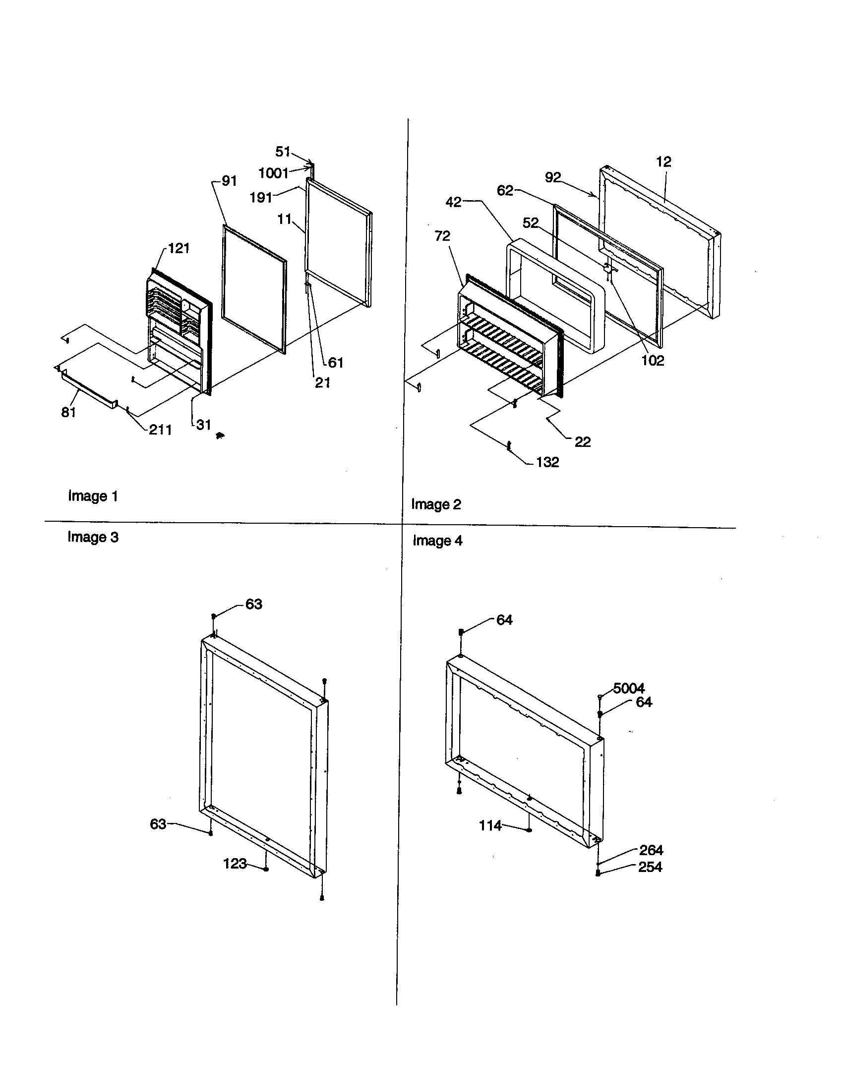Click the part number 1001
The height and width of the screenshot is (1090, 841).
click(273, 173)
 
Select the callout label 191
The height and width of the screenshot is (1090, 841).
click(260, 198)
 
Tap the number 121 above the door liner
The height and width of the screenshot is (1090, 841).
click(179, 248)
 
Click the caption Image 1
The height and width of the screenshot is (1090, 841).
click(93, 496)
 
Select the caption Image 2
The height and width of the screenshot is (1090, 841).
click(435, 504)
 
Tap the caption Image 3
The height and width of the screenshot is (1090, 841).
click(93, 537)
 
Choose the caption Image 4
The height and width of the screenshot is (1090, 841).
click(437, 541)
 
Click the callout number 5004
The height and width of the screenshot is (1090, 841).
click(628, 688)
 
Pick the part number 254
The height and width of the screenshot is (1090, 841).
click(650, 867)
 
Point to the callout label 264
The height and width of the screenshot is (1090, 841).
click(651, 850)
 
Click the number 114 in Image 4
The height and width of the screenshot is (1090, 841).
click(490, 825)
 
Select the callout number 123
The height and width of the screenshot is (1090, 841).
click(235, 863)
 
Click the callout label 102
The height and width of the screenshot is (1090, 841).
click(652, 360)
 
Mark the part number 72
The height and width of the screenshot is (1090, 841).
click(442, 235)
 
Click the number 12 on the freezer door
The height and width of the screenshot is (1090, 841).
click(663, 162)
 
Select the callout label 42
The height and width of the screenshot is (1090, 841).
click(453, 202)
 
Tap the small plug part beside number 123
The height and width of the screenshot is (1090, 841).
click(266, 869)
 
